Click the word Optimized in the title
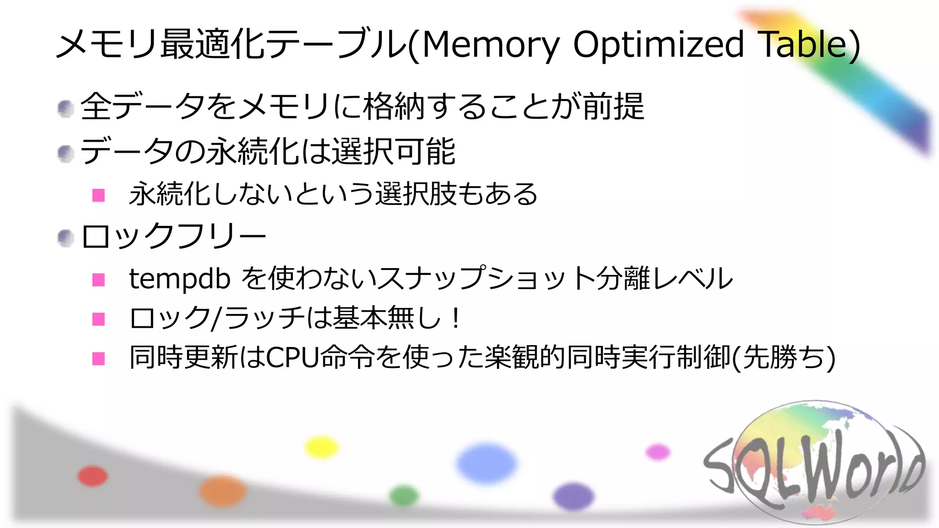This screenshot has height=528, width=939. [658, 45]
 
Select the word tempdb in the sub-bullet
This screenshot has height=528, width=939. [180, 279]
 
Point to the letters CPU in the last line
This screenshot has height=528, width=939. [293, 357]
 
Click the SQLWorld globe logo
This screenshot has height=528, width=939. [814, 463]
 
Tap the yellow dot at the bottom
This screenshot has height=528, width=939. [321, 447]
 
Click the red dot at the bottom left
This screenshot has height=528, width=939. [93, 476]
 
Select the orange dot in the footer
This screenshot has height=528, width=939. [223, 491]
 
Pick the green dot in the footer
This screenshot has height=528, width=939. [404, 496]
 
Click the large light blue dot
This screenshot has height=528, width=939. [486, 463]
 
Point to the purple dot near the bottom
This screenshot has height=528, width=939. [573, 497]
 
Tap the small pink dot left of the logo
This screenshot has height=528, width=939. [658, 452]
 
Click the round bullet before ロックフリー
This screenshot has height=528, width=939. [66, 238]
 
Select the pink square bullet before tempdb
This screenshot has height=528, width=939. [99, 280]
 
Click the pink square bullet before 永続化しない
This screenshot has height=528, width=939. [99, 195]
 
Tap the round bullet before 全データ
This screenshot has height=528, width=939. [66, 109]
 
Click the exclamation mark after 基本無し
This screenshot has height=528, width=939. [455, 319]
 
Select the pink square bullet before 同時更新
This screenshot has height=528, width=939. [99, 358]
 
